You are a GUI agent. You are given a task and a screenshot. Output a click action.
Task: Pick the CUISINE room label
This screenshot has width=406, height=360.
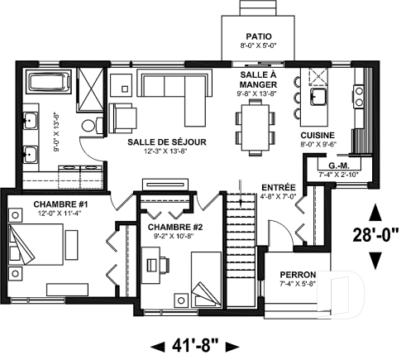coord(317,134)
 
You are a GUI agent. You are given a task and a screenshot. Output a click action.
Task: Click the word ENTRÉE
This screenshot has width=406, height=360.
coord(275,188)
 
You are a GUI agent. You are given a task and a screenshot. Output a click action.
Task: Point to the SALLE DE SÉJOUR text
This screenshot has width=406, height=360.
coord(167,142)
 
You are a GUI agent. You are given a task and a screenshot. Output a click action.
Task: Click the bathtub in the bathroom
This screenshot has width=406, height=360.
coord(41,84)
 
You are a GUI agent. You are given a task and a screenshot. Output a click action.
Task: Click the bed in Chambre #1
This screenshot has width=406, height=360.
coord(41,247)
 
